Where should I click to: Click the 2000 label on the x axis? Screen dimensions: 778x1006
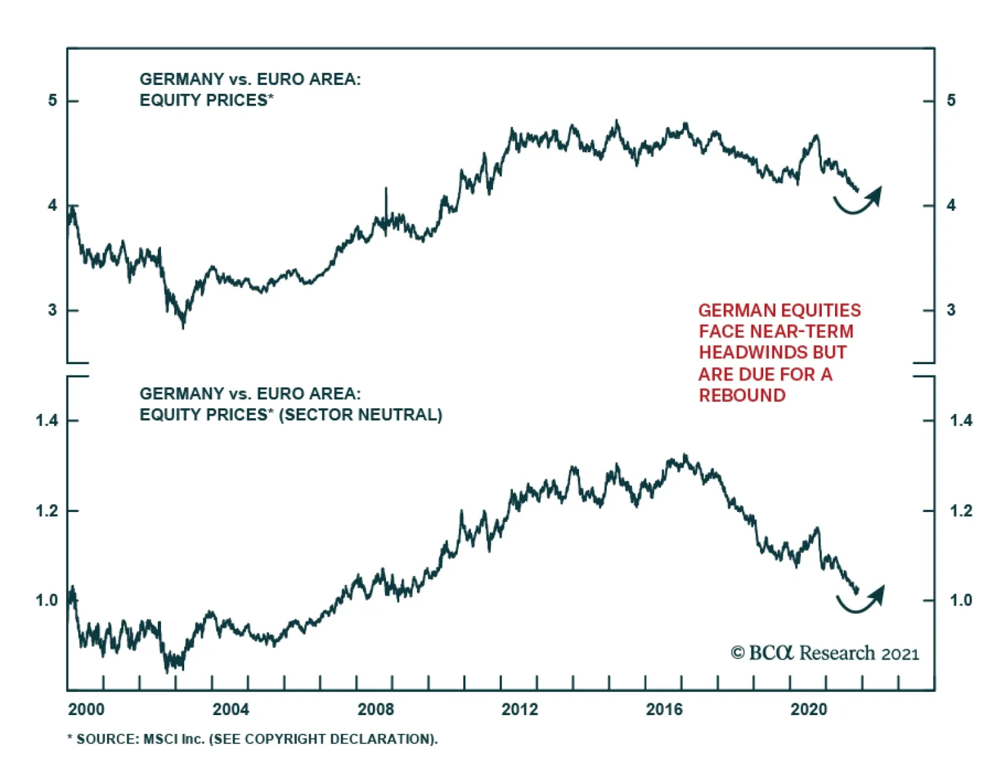click(86, 709)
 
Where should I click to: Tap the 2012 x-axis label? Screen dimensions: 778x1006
click(519, 709)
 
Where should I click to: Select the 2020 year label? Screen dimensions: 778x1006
click(809, 709)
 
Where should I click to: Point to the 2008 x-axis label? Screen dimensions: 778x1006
click(375, 709)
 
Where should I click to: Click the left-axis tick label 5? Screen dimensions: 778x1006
click(53, 101)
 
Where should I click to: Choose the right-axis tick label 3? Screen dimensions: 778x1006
click(951, 310)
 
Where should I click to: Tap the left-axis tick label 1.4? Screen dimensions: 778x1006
click(47, 420)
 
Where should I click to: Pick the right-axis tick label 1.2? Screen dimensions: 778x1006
click(961, 511)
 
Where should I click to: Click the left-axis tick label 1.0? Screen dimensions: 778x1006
click(47, 601)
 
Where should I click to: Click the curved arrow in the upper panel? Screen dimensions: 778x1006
click(859, 202)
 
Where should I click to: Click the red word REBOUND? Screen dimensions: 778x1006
click(742, 396)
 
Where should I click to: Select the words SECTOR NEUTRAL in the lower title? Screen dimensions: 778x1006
click(360, 415)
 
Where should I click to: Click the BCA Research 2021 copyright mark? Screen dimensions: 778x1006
click(825, 653)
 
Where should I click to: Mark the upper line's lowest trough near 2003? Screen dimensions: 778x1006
click(183, 326)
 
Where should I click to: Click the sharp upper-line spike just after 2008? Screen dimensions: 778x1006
click(386, 189)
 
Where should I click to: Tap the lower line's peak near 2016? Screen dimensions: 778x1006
click(685, 455)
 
